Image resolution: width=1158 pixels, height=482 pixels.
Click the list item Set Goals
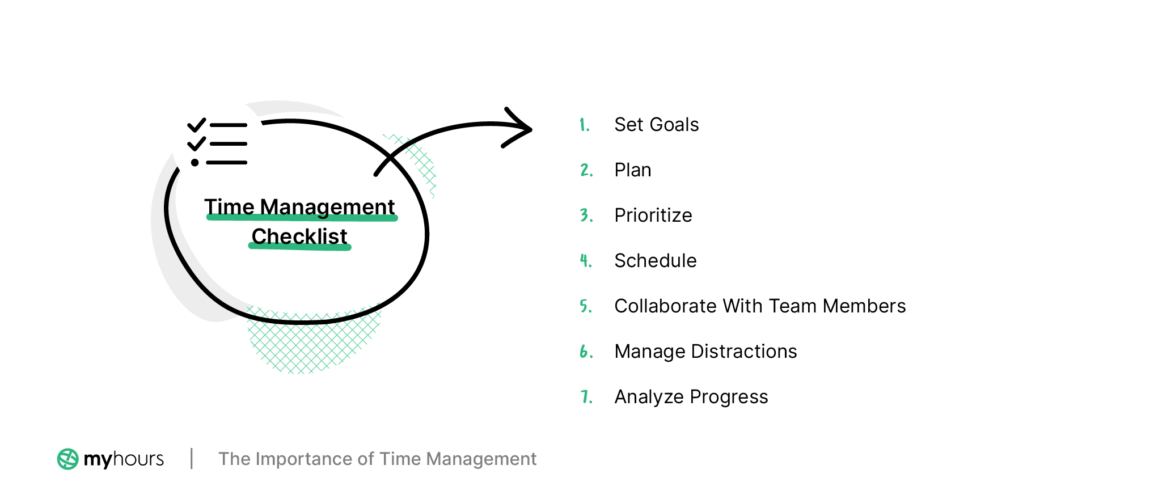[656, 125]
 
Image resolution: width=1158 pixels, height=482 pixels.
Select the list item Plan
[632, 170]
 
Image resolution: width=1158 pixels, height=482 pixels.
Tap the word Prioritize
[653, 215]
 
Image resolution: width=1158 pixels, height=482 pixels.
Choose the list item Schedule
[655, 261]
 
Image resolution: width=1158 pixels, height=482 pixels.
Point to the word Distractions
[743, 352]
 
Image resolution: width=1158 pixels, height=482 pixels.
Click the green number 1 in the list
[584, 125]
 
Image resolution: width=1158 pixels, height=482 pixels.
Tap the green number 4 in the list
[585, 261]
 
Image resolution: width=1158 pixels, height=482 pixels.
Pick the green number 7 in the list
[586, 397]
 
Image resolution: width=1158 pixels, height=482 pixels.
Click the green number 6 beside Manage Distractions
[586, 352]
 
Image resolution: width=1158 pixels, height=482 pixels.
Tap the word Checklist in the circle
[299, 236]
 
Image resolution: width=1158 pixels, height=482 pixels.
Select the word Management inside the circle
[327, 207]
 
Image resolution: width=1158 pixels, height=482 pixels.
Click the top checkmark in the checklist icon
[196, 125]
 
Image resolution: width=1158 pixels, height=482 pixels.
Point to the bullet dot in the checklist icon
[195, 163]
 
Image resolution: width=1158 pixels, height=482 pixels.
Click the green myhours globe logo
[67, 459]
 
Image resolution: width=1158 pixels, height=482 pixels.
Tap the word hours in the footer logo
[138, 459]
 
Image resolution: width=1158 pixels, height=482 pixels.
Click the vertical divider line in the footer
[192, 458]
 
